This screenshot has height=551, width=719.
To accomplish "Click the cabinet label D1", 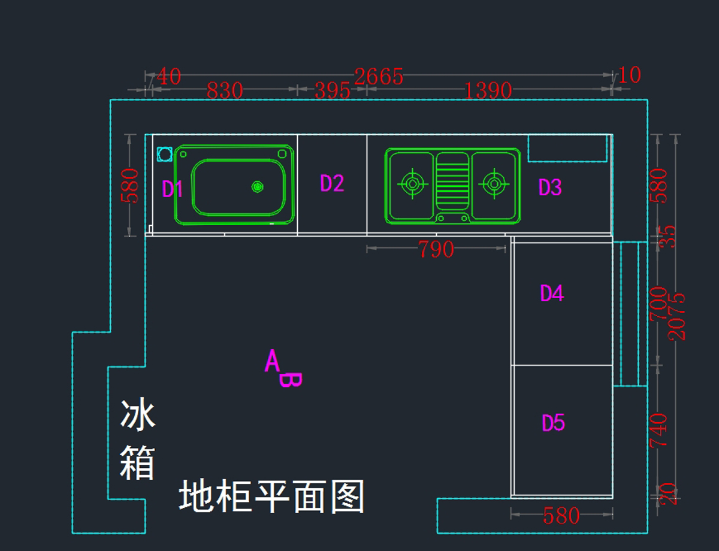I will pyautogui.click(x=173, y=189).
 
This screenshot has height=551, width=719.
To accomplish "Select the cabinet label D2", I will pyautogui.click(x=332, y=183).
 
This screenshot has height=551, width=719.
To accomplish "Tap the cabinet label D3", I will pyautogui.click(x=550, y=187).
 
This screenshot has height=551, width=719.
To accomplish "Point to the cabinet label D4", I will pyautogui.click(x=552, y=293).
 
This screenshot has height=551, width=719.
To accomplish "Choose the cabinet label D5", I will pyautogui.click(x=553, y=423).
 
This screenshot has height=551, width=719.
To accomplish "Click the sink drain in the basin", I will pyautogui.click(x=257, y=187).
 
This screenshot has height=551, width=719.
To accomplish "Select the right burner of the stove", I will pyautogui.click(x=494, y=184).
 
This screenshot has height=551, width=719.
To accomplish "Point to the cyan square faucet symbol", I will pyautogui.click(x=164, y=155).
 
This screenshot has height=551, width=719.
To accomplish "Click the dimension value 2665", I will pyautogui.click(x=379, y=77).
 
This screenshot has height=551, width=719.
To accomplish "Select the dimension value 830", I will pyautogui.click(x=225, y=91).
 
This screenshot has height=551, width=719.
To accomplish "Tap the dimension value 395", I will pyautogui.click(x=332, y=91).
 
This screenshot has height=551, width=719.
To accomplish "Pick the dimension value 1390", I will pyautogui.click(x=488, y=91).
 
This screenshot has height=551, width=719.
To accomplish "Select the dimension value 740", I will pyautogui.click(x=658, y=429).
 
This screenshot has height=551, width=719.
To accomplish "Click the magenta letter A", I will pyautogui.click(x=273, y=361).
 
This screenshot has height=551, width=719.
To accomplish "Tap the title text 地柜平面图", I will pyautogui.click(x=271, y=496).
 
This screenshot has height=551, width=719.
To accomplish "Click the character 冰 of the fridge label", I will pyautogui.click(x=138, y=416).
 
